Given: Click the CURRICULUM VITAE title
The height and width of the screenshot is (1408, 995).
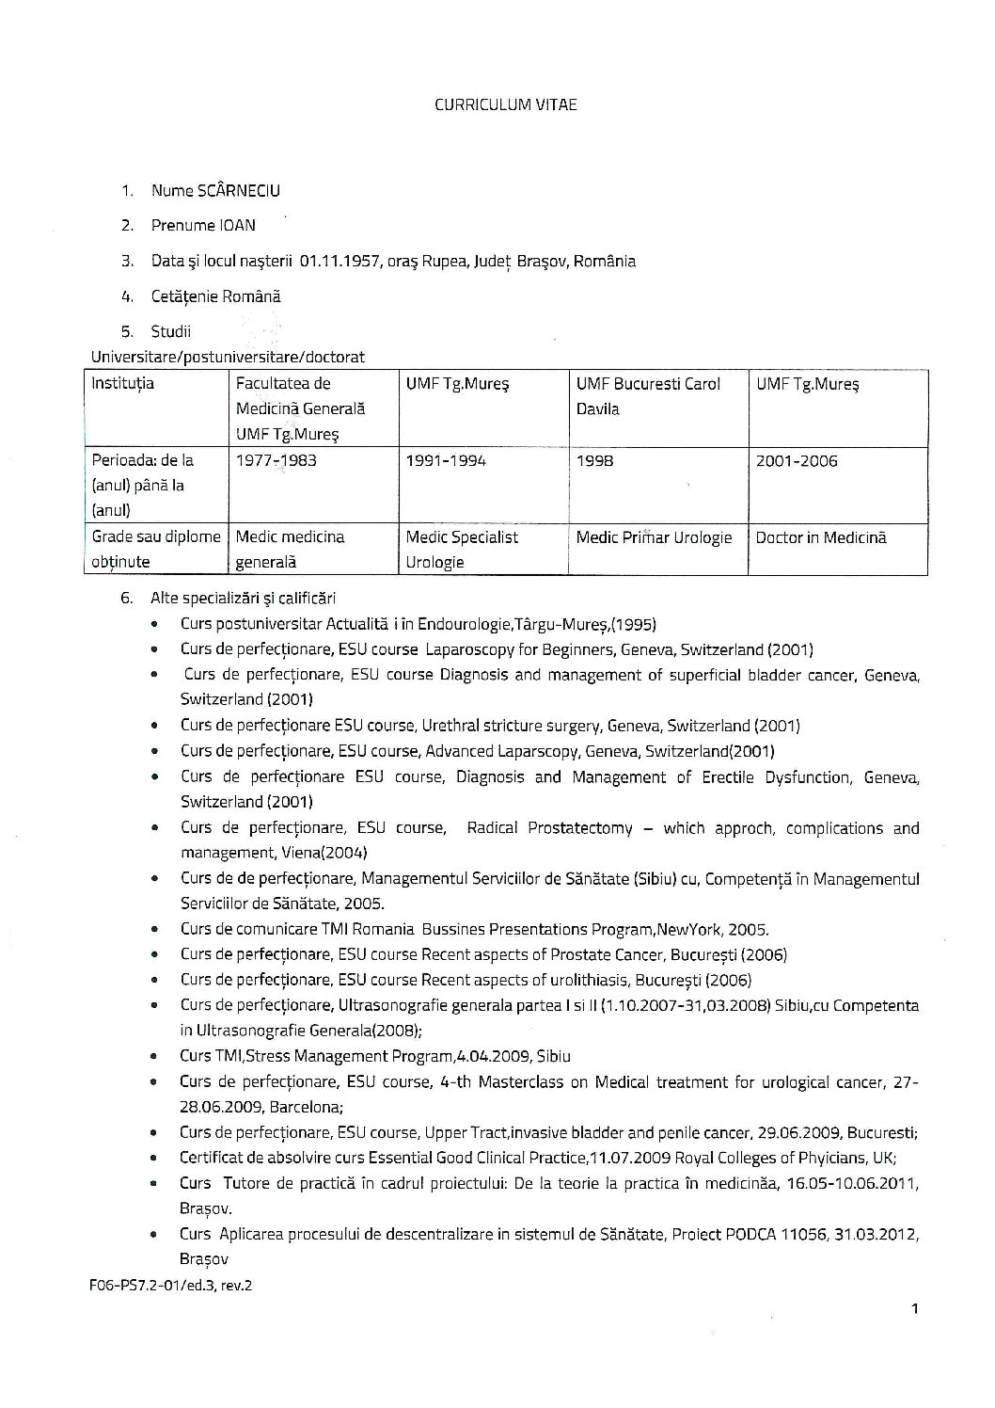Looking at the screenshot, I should click(505, 104).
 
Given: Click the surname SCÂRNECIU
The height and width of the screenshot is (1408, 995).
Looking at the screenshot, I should click(238, 191).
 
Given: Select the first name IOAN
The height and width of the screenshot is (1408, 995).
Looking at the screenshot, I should click(238, 226).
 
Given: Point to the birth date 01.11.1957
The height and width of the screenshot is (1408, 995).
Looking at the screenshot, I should click(340, 262).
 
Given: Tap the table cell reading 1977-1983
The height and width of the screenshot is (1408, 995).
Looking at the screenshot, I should click(276, 461).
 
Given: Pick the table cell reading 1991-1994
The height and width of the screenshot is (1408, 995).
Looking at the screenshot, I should click(445, 461).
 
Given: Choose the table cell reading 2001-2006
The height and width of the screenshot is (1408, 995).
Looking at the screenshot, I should click(796, 461).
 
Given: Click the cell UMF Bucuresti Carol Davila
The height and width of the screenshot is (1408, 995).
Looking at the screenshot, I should click(648, 396).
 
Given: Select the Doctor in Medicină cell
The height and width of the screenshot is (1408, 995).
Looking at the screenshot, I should click(820, 538).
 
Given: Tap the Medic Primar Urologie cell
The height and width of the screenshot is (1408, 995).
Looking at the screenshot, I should click(654, 538).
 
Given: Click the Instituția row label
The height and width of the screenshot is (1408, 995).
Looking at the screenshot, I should click(122, 384).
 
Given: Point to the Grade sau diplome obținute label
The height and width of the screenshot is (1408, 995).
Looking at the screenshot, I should click(155, 550).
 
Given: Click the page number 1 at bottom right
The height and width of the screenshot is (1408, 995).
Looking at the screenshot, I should click(914, 1308).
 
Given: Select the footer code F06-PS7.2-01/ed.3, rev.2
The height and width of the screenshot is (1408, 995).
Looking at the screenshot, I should click(171, 1285).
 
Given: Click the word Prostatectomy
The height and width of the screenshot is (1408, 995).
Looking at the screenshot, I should click(576, 829).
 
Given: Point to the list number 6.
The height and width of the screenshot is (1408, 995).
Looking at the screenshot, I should click(127, 599).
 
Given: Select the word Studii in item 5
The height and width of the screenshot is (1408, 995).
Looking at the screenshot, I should click(171, 332).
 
